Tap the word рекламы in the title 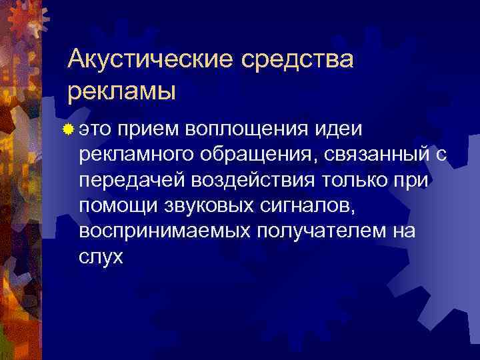122,90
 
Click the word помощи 117,206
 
